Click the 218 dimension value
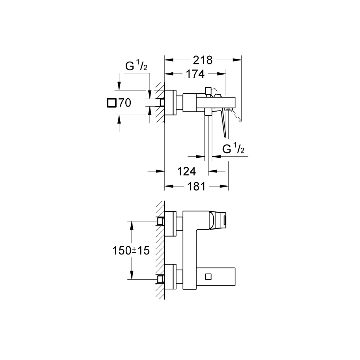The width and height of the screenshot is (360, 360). [203, 60]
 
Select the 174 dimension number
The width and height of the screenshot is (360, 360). [195, 74]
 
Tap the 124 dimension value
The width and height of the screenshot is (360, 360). [186, 171]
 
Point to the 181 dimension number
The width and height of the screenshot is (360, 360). [196, 186]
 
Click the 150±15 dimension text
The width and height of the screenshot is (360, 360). [131, 251]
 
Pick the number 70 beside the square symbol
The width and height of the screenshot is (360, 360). [125, 103]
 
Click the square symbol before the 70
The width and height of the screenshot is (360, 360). [112, 103]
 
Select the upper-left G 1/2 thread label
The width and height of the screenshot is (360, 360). [136, 66]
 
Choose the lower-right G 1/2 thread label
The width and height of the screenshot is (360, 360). [233, 149]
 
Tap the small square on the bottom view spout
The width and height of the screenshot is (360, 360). [208, 276]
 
